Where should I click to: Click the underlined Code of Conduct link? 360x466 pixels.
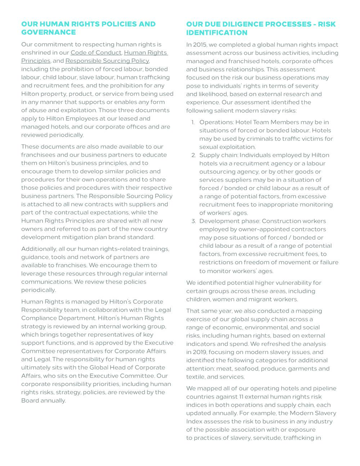[x=96, y=53]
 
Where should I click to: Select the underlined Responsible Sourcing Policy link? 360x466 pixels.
[x=107, y=61]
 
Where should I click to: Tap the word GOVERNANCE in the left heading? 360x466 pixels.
[x=48, y=32]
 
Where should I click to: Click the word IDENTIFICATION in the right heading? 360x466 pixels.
[x=217, y=33]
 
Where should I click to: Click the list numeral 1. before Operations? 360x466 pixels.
[x=193, y=122]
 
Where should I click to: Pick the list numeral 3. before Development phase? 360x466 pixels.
[x=193, y=221]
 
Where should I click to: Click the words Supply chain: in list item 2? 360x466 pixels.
[x=219, y=155]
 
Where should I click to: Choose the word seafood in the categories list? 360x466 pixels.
[x=247, y=369]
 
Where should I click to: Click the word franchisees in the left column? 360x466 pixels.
[x=38, y=155]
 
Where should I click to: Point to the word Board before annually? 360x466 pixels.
[x=30, y=400]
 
